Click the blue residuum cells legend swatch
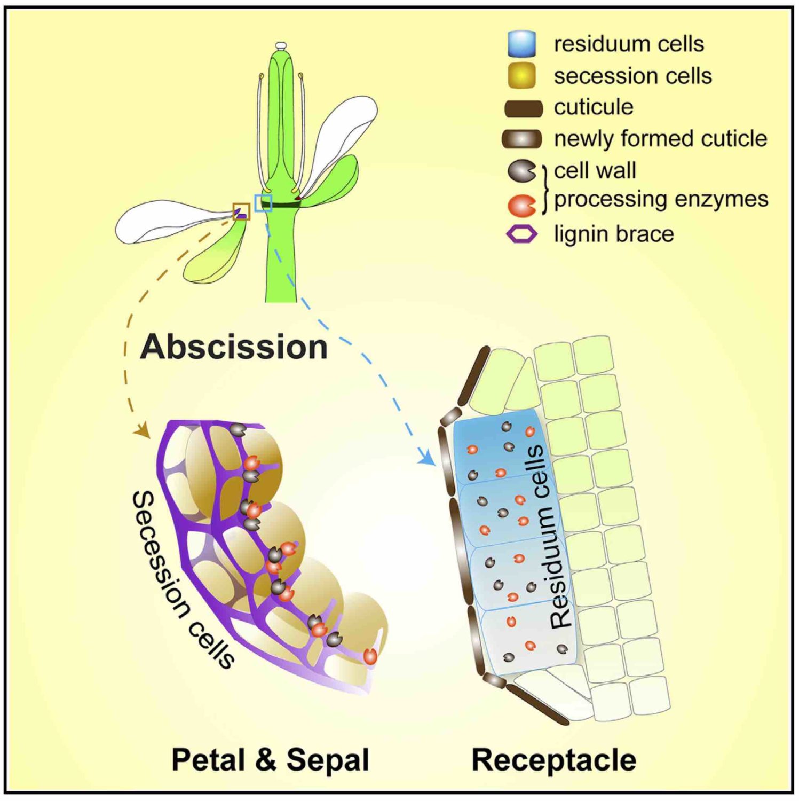tap(521, 44)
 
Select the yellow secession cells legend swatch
tap(521, 75)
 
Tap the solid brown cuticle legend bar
tap(523, 108)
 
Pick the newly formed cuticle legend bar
tap(521, 139)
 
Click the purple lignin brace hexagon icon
tap(521, 234)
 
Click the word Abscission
tap(234, 347)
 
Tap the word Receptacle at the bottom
tap(553, 759)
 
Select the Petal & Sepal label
tap(270, 759)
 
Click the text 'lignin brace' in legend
tap(614, 234)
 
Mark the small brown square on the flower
tap(241, 211)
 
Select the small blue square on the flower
tap(264, 203)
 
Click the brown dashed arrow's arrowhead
tap(143, 431)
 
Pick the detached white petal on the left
tap(165, 221)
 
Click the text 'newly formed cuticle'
tap(660, 139)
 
